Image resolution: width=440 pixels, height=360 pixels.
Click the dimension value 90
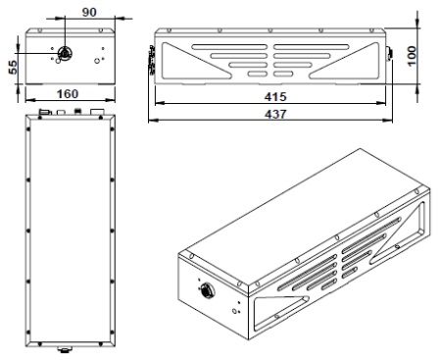click(x=89, y=12)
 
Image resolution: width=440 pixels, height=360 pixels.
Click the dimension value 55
click(x=13, y=67)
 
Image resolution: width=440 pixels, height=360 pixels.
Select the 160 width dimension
click(x=68, y=94)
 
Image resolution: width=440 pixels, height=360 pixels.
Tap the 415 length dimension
click(x=275, y=97)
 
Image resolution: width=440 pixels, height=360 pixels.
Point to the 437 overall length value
click(x=275, y=115)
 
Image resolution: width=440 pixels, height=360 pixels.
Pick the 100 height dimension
click(x=413, y=56)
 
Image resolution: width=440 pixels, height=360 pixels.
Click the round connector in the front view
click(x=65, y=53)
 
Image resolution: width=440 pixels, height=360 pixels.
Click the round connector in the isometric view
click(x=207, y=289)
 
